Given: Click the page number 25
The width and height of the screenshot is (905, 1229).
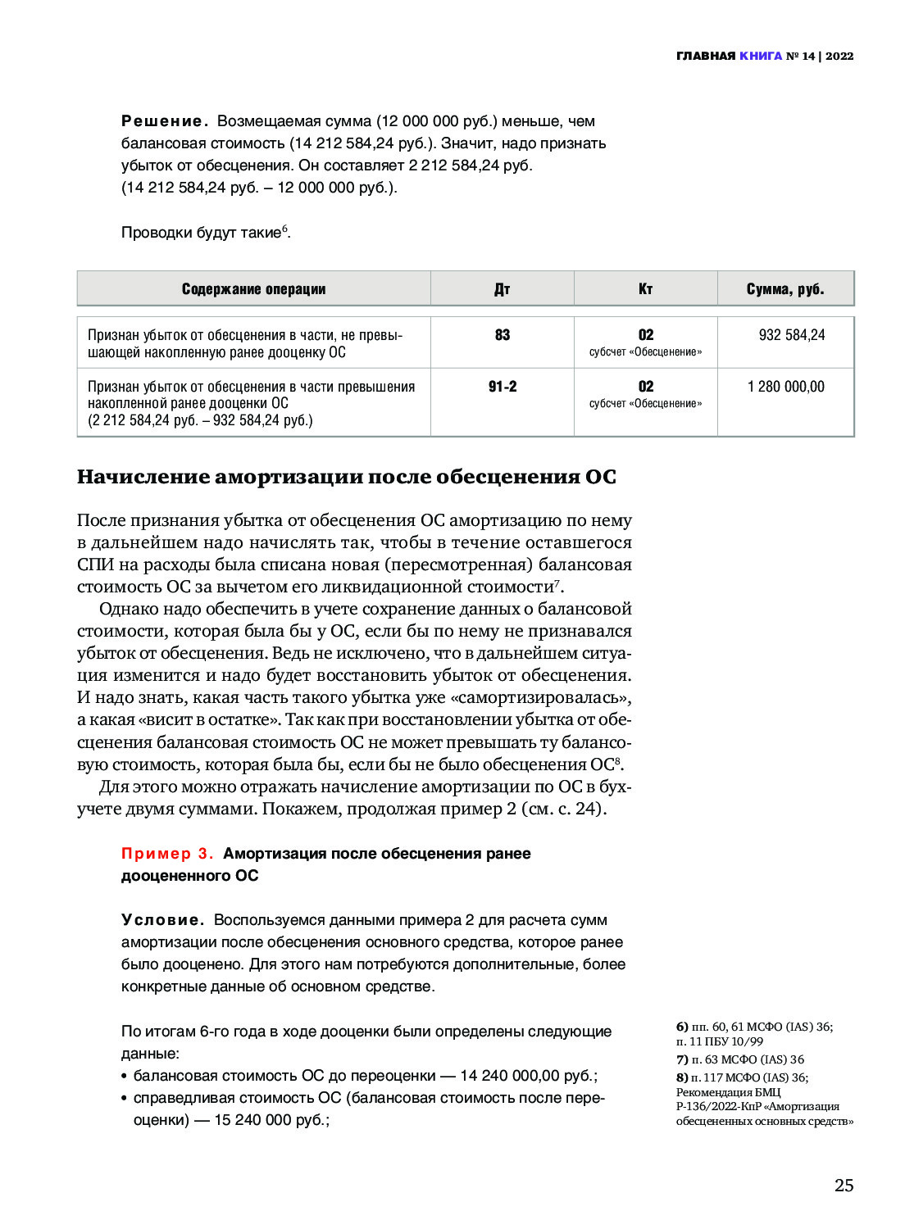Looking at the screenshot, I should click(844, 1186).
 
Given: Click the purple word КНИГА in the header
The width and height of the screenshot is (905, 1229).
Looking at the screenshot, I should click(761, 56).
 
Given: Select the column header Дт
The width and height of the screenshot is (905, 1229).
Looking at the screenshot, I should click(502, 289).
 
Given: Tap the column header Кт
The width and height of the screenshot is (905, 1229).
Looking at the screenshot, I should click(645, 289).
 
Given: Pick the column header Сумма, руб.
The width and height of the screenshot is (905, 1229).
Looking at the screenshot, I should click(785, 289).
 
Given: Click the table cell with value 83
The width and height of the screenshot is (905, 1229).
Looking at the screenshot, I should click(503, 335).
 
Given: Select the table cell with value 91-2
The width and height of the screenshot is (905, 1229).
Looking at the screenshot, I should click(503, 387).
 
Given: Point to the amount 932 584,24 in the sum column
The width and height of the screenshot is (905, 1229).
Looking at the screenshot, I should click(792, 335).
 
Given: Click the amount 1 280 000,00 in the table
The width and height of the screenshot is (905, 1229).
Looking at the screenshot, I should click(786, 387).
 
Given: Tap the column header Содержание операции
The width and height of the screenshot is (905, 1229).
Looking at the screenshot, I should click(253, 289).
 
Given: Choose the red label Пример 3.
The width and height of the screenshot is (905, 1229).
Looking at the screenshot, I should click(167, 854).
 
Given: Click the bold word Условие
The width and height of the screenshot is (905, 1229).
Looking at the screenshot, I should click(161, 920).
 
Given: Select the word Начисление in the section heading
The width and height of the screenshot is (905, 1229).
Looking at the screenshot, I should click(143, 477).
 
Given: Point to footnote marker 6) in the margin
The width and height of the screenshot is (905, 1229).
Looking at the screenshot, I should click(682, 1027).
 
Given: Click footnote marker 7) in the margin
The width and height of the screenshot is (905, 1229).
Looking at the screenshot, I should click(682, 1059).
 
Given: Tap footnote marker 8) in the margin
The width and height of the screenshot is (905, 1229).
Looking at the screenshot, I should click(682, 1077).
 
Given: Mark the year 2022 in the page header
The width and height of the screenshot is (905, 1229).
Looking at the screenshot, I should click(839, 56).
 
